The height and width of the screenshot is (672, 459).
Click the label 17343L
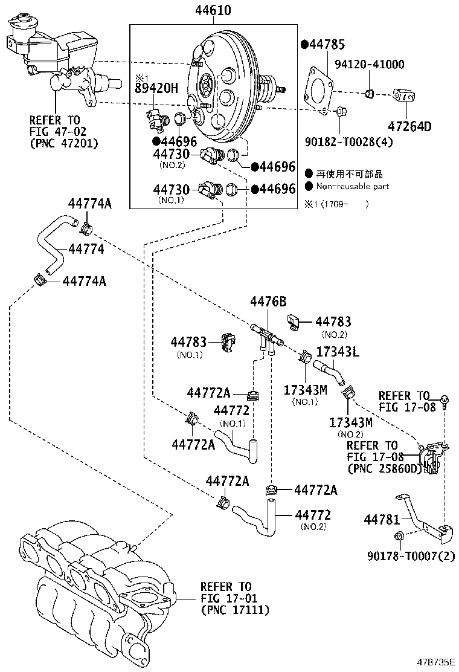click(338, 352)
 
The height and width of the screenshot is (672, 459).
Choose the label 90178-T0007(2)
click(411, 555)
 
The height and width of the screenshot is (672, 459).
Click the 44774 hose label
click(86, 248)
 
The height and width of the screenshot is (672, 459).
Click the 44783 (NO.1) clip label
click(188, 342)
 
